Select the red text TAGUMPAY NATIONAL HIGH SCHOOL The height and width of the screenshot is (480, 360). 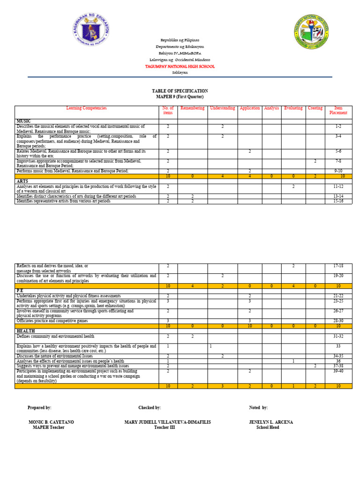(x=180, y=67)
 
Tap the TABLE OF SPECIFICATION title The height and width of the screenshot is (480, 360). (x=180, y=91)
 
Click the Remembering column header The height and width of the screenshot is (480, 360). (x=193, y=108)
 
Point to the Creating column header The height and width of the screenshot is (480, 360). (x=315, y=108)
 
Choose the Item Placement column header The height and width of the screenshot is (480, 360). (x=338, y=111)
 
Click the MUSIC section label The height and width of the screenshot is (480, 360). (x=23, y=121)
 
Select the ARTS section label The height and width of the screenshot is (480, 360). (x=22, y=180)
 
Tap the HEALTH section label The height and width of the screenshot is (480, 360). (x=25, y=330)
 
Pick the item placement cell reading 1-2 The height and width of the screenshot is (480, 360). (x=338, y=127)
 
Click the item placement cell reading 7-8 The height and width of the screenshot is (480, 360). (x=338, y=161)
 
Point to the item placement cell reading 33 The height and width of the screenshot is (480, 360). (x=338, y=346)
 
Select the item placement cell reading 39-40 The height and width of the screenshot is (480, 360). (x=338, y=371)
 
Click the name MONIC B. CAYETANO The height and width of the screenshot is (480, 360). (x=51, y=422)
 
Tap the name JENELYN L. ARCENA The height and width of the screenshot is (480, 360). (x=271, y=422)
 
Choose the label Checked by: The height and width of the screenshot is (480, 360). (x=150, y=408)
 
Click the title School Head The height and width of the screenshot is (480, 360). (x=268, y=427)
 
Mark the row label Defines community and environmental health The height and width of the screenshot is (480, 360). (x=55, y=336)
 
